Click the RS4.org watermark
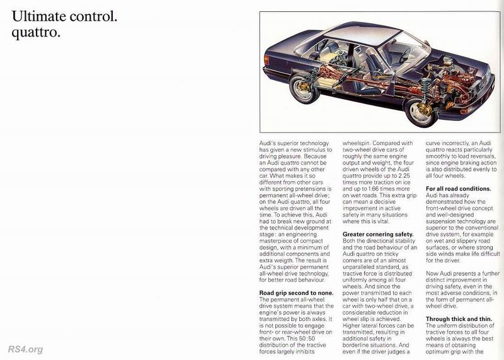(25, 349)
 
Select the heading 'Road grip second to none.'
(296, 293)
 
